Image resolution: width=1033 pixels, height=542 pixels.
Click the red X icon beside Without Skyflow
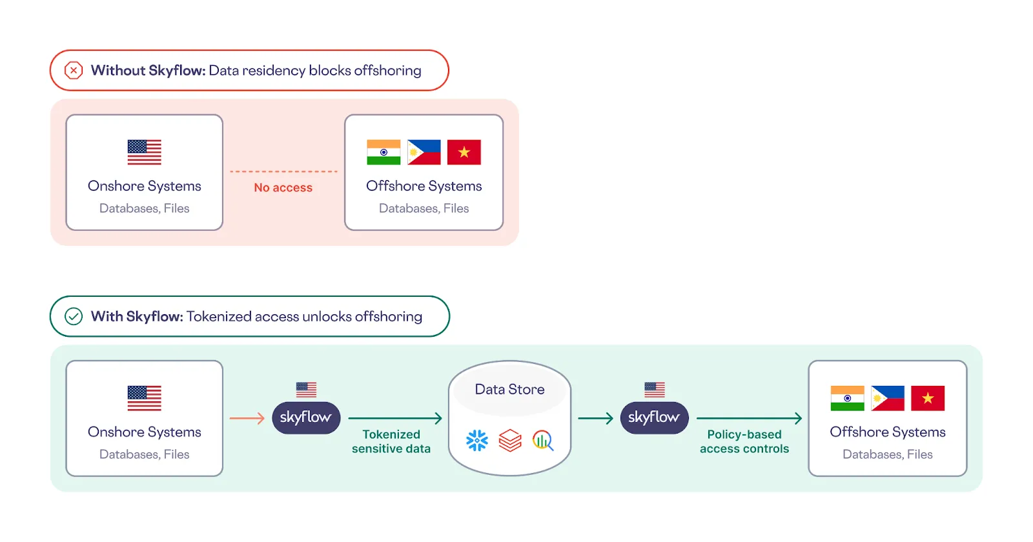coord(74,70)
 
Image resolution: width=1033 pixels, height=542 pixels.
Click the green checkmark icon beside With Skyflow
coord(74,316)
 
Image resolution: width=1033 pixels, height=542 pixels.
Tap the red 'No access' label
coord(283,188)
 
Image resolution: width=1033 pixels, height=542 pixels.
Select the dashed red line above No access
coord(283,172)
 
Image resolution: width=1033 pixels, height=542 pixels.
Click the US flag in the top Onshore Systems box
coord(145,152)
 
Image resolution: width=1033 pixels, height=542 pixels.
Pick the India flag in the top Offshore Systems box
coord(384,152)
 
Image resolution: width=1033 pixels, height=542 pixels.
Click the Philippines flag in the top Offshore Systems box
coord(424,152)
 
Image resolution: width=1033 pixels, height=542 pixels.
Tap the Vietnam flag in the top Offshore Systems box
coord(464,152)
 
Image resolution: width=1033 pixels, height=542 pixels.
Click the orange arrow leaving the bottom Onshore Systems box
coord(247,419)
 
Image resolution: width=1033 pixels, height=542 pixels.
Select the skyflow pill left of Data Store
coord(306,417)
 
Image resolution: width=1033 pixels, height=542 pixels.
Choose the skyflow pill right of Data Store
coord(654,417)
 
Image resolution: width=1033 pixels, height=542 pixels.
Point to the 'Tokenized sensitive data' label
coord(391,441)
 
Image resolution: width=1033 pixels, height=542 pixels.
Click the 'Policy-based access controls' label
coord(744,441)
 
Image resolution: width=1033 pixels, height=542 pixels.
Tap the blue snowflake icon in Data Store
coord(477,441)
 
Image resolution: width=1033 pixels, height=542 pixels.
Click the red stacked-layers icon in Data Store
coord(510,441)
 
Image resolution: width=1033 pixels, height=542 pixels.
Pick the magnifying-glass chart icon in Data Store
coord(543,441)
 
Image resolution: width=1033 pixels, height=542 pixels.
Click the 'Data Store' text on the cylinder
coord(509,389)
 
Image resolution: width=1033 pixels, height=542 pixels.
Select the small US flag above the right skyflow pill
coord(654,389)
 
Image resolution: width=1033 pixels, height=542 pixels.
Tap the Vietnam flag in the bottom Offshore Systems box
coord(928,398)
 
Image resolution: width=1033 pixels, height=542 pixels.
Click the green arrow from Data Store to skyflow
coord(595,419)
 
